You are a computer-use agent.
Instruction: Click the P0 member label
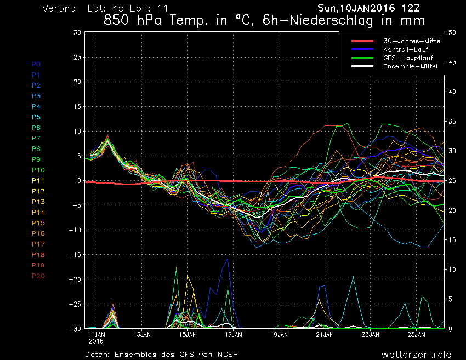[x=36, y=64]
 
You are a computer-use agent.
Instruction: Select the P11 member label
[x=38, y=180]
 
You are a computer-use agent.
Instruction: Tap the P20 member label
[x=38, y=276]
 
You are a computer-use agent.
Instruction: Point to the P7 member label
[x=36, y=138]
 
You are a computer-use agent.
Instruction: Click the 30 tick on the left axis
[x=77, y=32]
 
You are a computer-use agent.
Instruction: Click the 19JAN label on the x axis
[x=279, y=334]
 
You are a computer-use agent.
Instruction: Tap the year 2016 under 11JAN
[x=96, y=341]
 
